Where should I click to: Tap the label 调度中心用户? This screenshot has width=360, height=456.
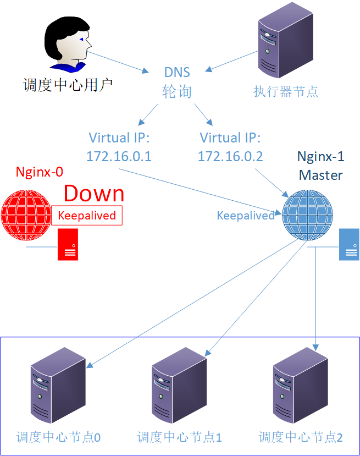[x=68, y=85]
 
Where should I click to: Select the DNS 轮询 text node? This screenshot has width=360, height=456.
[x=177, y=82]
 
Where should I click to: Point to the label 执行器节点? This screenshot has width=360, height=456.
[x=286, y=91]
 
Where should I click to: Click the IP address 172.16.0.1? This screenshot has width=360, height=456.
[x=119, y=157]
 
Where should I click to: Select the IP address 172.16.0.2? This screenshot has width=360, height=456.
[x=230, y=157]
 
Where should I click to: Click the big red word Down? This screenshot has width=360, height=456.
[x=94, y=194]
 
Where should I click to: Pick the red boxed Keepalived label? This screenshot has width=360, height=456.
[x=87, y=215]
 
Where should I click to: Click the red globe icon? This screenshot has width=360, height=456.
[x=26, y=214]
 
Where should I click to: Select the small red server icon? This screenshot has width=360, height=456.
[x=69, y=244]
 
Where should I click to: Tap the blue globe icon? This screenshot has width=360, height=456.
[x=308, y=215]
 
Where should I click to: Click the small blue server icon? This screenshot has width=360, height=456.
[x=349, y=244]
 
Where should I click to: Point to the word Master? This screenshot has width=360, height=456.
[x=321, y=175]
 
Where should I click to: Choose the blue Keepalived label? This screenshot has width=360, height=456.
[x=246, y=216]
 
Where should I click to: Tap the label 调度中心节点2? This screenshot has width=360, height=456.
[x=301, y=438]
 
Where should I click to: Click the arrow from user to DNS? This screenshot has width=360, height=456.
[x=119, y=63]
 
